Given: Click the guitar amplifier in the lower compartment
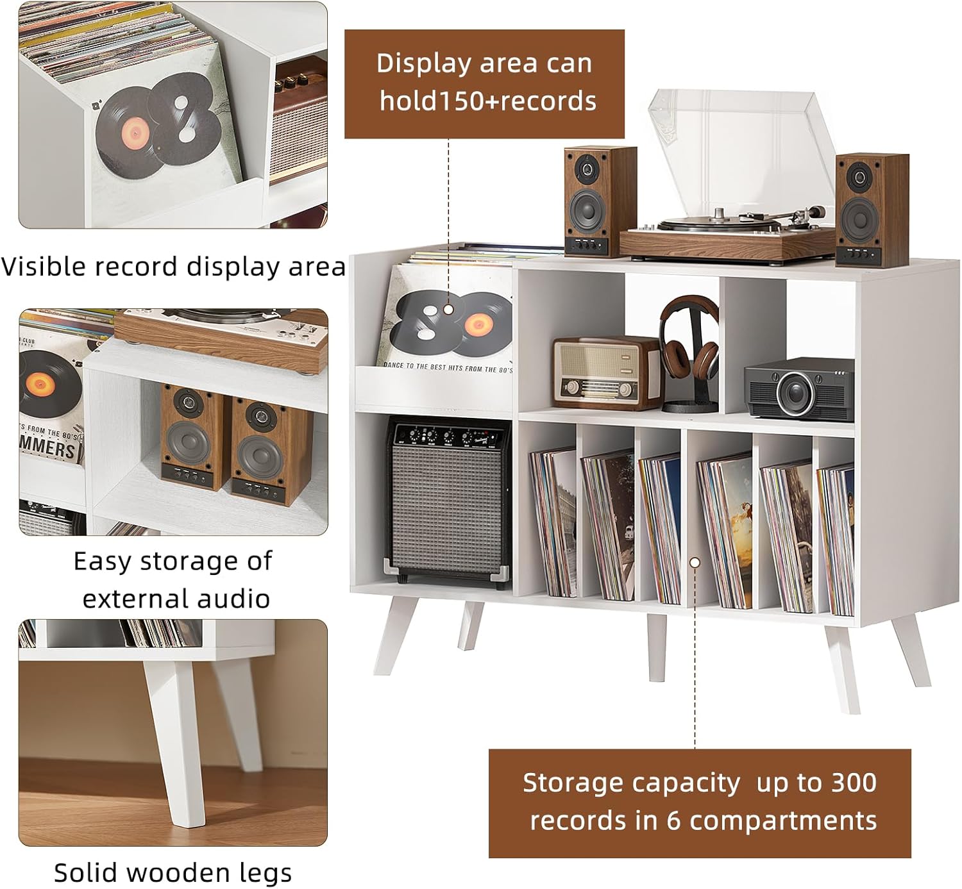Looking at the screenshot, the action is pyautogui.click(x=448, y=501).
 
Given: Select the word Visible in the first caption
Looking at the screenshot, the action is pyautogui.click(x=45, y=267).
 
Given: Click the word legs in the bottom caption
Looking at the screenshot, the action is pyautogui.click(x=265, y=873).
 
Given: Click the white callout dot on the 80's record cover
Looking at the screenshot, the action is pyautogui.click(x=448, y=310).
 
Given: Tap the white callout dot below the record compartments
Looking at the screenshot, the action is pyautogui.click(x=695, y=562).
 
